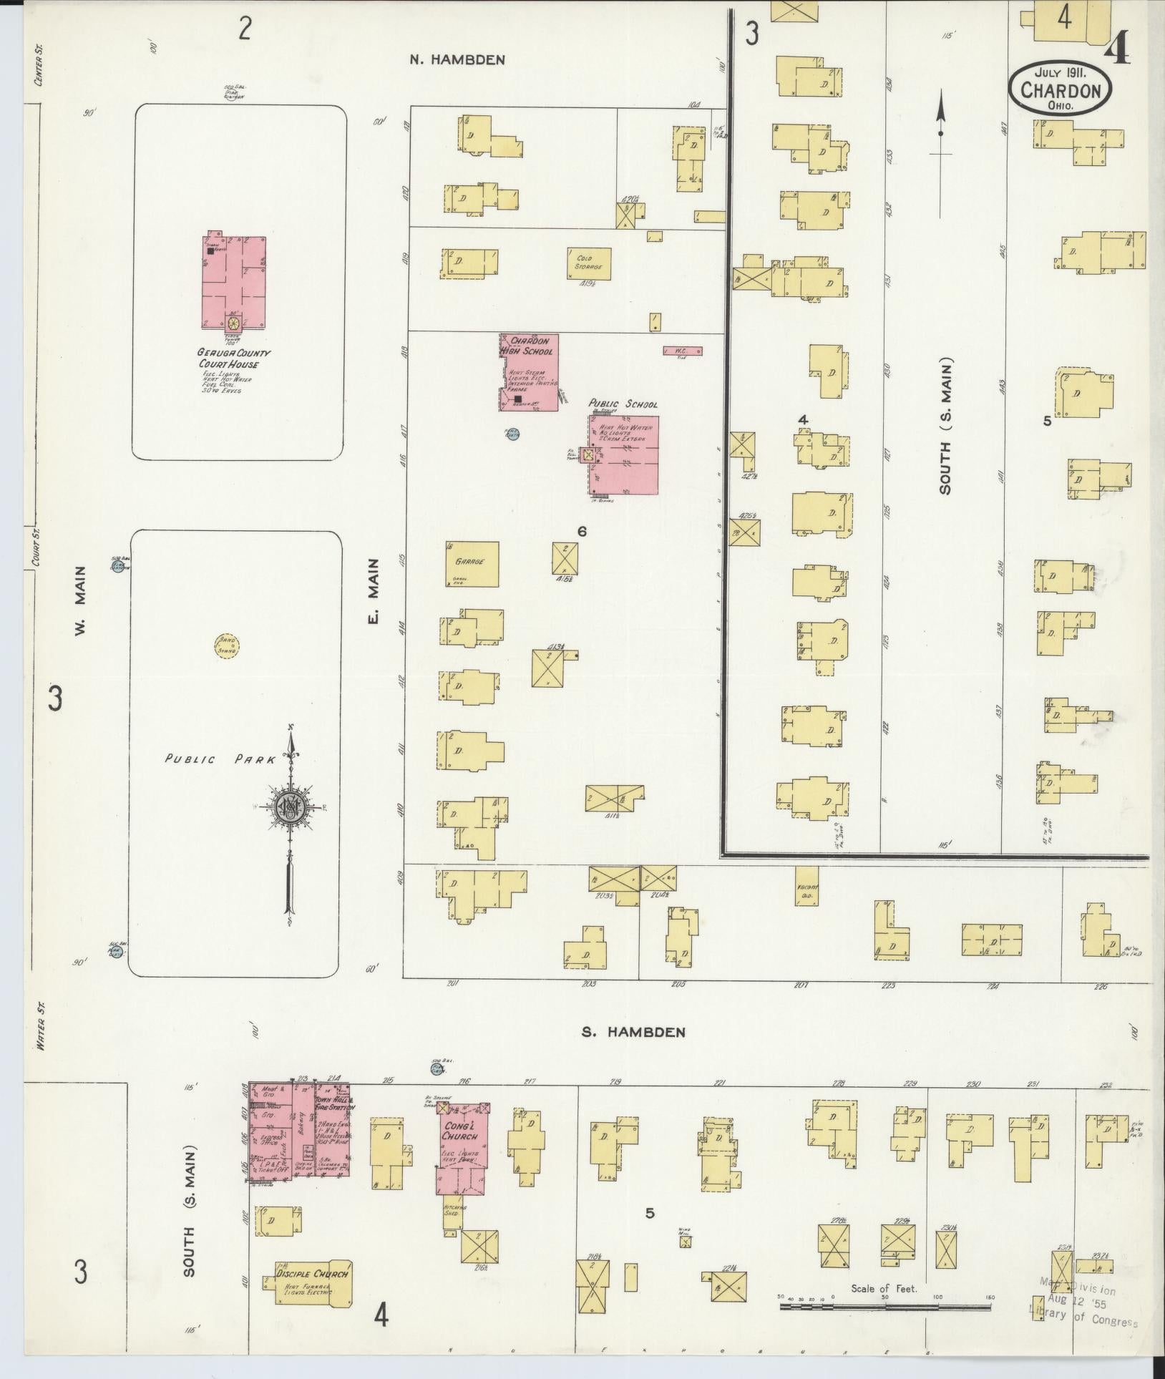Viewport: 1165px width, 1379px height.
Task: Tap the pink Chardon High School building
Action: click(529, 373)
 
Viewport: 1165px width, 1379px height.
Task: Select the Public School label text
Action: click(623, 404)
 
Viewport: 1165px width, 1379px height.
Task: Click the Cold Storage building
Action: click(590, 263)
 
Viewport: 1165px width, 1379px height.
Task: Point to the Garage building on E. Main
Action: click(472, 565)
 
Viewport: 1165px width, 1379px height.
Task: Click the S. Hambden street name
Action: click(634, 1032)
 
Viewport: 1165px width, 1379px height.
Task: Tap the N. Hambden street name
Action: click(457, 60)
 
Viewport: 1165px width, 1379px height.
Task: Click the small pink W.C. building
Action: click(683, 351)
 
